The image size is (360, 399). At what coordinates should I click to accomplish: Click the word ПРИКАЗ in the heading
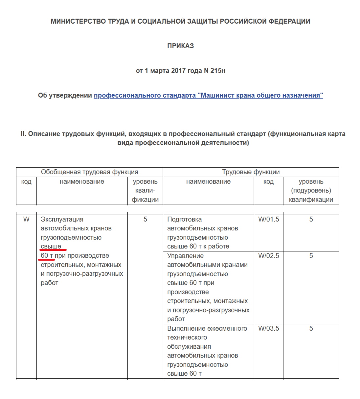[180, 46]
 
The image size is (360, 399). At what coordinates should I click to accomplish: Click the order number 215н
[218, 71]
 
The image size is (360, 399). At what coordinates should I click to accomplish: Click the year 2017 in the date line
[179, 71]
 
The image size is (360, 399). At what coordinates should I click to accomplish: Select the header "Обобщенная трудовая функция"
[89, 172]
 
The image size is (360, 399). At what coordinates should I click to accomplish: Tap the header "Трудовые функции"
[251, 172]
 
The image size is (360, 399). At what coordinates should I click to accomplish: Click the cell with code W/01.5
[269, 219]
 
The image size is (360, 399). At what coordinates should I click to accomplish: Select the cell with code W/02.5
[269, 256]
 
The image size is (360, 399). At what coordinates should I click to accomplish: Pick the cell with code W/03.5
[269, 328]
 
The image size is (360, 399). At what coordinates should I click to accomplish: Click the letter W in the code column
[26, 219]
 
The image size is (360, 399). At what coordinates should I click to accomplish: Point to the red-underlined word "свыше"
[51, 246]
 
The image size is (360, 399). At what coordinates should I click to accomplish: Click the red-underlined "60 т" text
[47, 256]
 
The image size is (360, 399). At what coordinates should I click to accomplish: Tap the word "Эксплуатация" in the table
[62, 219]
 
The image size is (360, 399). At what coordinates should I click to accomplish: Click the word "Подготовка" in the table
[184, 219]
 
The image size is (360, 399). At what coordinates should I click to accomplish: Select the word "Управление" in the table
[185, 256]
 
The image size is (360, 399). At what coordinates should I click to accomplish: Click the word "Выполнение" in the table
[186, 328]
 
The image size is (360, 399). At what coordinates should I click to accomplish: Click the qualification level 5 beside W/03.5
[311, 328]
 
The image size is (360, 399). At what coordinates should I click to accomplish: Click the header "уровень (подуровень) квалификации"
[311, 191]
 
